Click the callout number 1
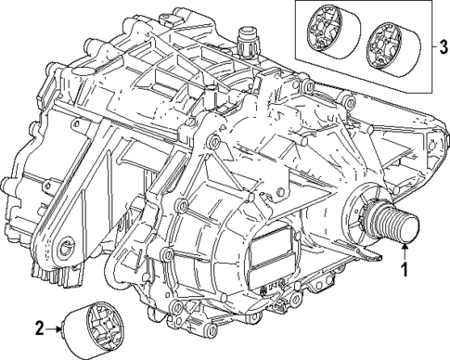(405, 271)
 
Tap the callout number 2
(38, 327)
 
